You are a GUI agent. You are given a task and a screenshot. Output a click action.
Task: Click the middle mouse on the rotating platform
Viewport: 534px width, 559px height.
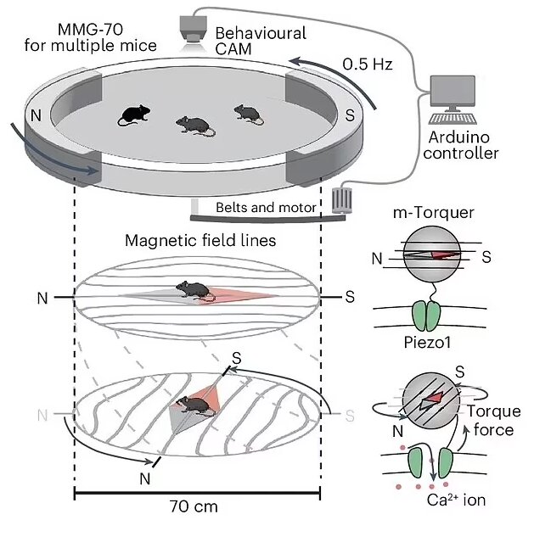click(194, 126)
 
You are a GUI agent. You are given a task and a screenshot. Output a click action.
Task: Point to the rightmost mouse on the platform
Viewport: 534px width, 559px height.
click(249, 113)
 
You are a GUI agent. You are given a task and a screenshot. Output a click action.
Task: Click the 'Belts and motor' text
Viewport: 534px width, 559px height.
click(266, 207)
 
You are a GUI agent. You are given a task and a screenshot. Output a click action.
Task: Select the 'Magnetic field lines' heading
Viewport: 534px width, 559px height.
click(200, 241)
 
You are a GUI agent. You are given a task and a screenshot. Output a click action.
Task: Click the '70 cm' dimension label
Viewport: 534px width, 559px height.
click(194, 506)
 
